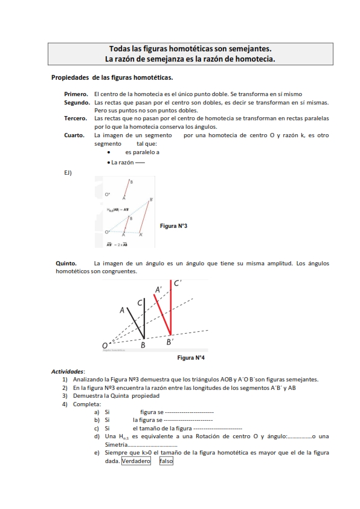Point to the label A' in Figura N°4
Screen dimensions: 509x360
pos(158,290)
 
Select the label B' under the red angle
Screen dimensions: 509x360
pos(170,342)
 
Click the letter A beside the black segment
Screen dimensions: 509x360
pos(122,310)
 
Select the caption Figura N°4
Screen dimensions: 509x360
pos(191,358)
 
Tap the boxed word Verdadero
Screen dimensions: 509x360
pos(136,461)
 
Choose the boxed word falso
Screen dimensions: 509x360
pos(166,461)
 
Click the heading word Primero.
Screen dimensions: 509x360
pos(76,94)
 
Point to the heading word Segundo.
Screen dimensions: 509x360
pos(77,103)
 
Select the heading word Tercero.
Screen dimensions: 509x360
pos(76,119)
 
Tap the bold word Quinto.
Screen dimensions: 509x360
pos(66,264)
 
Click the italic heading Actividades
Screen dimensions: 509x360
pos(68,371)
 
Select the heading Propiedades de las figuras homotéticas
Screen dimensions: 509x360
pos(112,77)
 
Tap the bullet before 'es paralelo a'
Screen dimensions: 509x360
pos(108,153)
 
